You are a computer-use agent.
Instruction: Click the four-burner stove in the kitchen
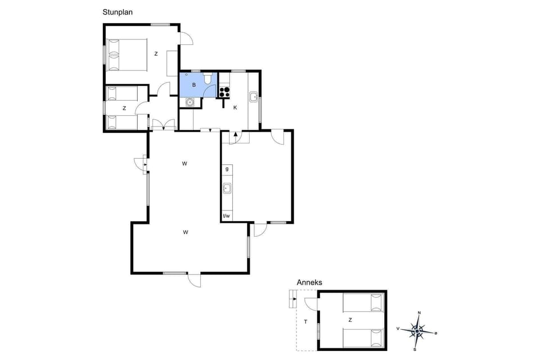tap(224, 91)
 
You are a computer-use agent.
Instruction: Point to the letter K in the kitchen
tap(235, 107)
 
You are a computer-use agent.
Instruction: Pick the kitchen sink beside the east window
tap(254, 97)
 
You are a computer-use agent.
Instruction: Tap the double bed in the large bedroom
tap(127, 55)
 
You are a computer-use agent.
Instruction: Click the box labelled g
tap(227, 169)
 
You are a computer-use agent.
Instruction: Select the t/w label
tap(227, 216)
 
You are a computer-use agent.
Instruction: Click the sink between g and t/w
tap(227, 188)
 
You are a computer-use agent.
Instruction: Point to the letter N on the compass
tap(419, 313)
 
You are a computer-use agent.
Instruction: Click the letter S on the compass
tap(415, 349)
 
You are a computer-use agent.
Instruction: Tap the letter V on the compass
tap(398, 328)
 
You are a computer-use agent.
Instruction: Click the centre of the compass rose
tap(417, 331)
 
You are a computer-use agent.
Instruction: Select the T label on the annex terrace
tap(305, 322)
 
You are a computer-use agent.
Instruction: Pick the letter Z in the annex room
tap(350, 320)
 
